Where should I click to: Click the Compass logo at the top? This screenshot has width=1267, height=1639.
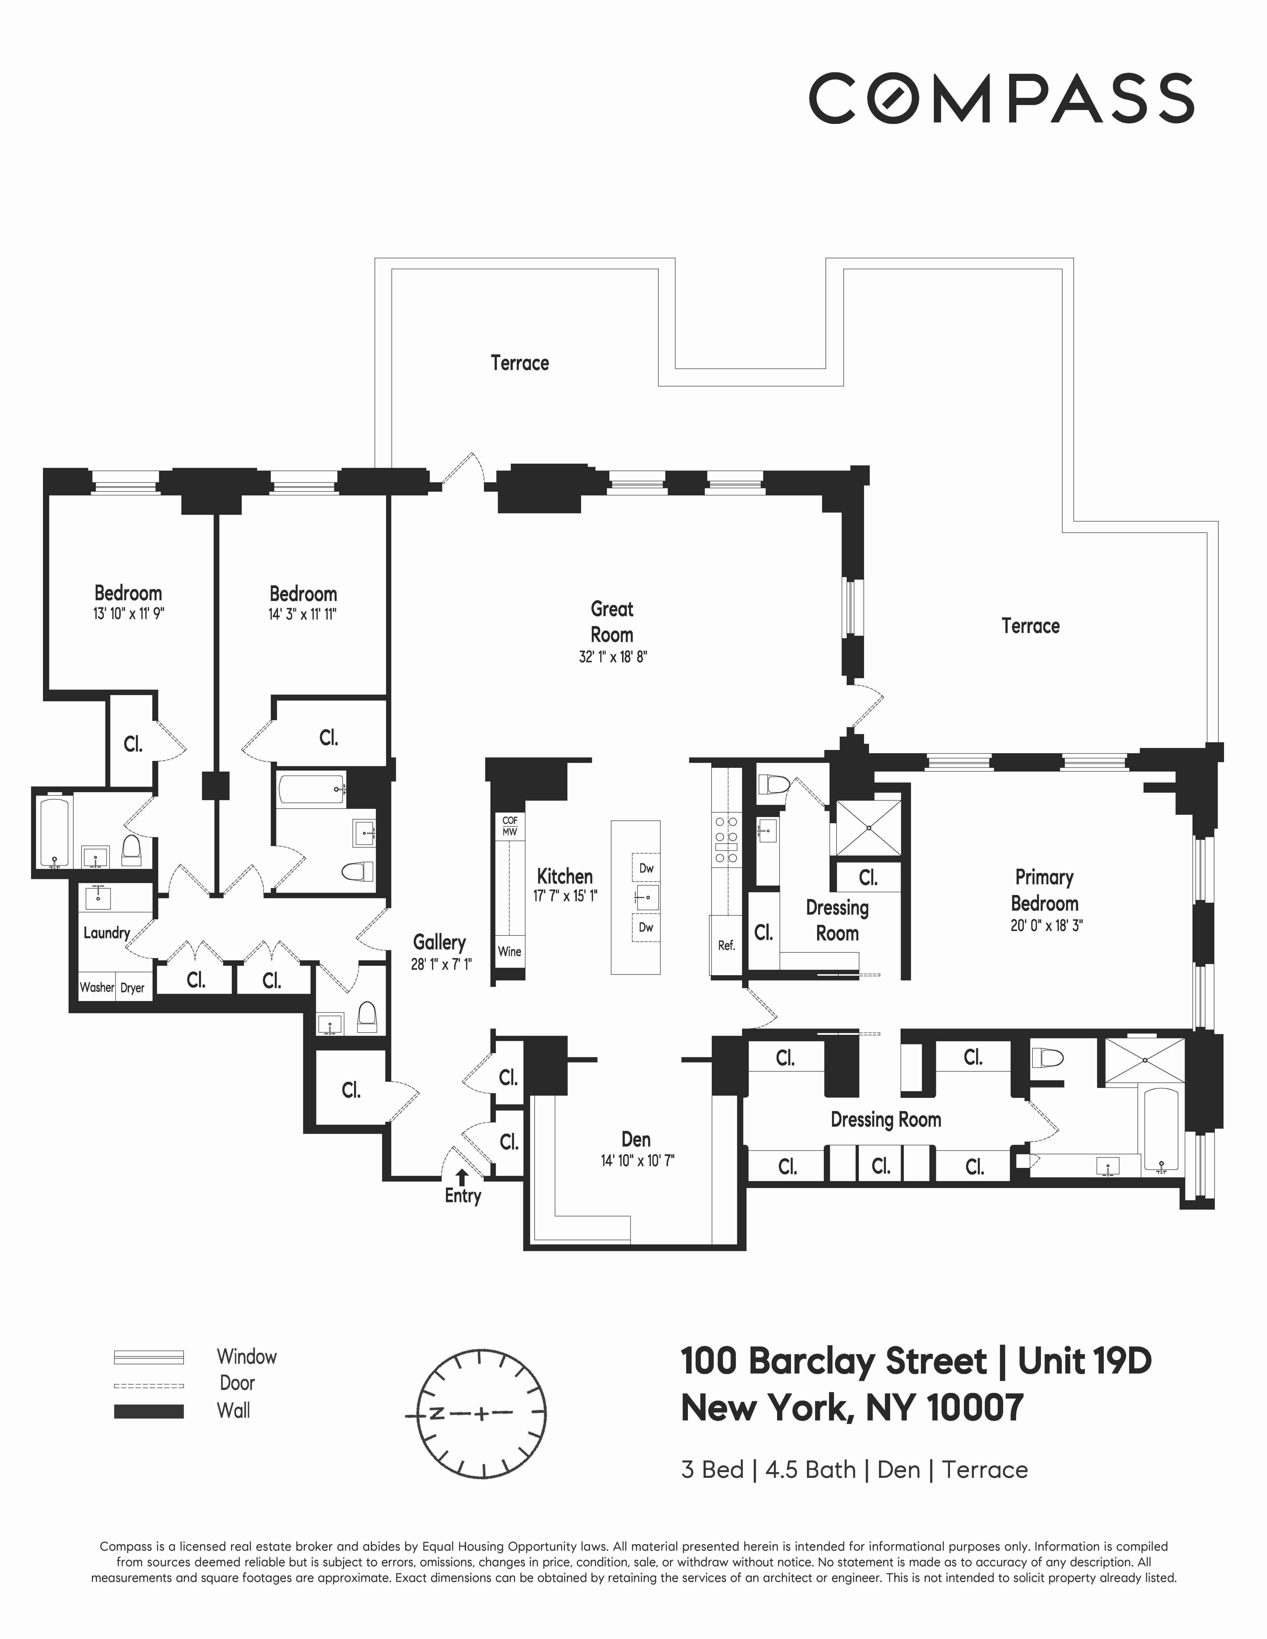tap(1001, 98)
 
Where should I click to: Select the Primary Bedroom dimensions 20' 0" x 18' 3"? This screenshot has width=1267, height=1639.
tap(1045, 926)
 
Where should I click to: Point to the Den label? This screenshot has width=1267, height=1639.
tap(636, 1139)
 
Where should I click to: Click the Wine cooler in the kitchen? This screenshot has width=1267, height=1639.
tap(509, 952)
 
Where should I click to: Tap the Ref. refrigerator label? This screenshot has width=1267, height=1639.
tap(726, 946)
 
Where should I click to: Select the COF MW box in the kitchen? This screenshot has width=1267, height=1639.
tap(510, 826)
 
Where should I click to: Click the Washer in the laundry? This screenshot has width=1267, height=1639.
tap(97, 988)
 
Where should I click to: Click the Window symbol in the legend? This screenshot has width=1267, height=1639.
tap(149, 1357)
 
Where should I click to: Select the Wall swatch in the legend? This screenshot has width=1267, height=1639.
tap(149, 1411)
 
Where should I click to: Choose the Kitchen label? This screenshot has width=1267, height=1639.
tap(564, 876)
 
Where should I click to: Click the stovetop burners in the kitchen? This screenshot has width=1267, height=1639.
tap(726, 839)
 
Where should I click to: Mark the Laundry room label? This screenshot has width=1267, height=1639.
tap(107, 933)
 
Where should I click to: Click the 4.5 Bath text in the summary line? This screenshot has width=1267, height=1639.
tap(810, 1469)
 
